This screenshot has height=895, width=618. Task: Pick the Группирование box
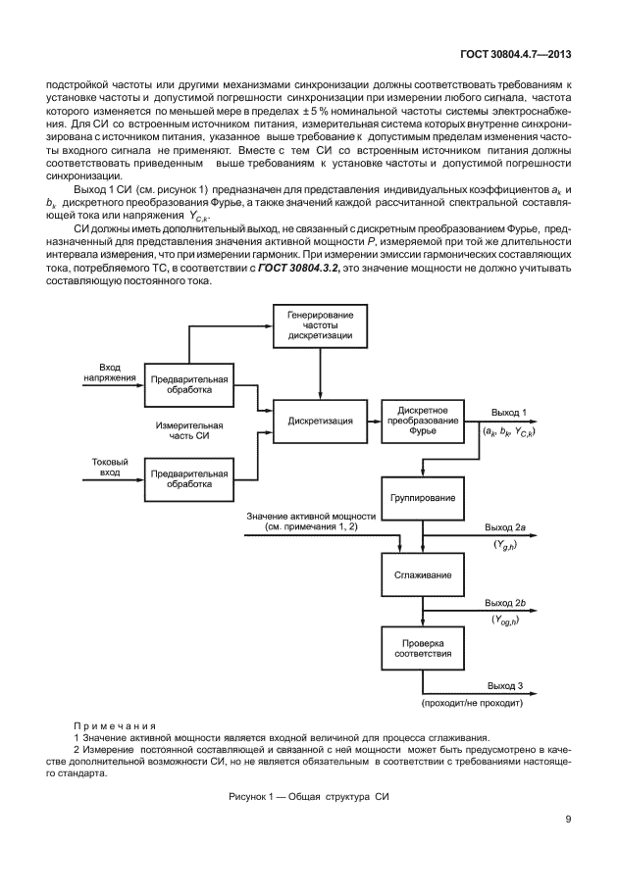pos(423,497)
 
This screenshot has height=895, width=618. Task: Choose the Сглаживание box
pos(423,574)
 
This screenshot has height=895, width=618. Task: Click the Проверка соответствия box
pos(423,651)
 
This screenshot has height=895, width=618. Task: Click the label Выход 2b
pos(507,603)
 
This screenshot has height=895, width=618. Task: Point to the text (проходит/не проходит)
pos(473,704)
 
